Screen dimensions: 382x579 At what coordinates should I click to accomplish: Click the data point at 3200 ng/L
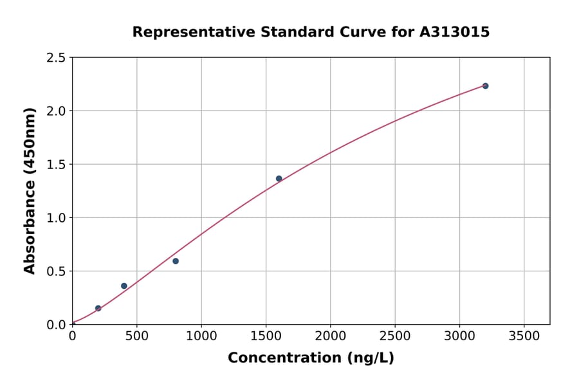click(485, 86)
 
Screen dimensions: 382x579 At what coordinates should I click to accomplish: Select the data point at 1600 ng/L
click(279, 178)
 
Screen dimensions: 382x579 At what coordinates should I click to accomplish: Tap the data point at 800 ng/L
click(176, 261)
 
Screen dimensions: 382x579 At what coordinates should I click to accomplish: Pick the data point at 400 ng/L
click(124, 286)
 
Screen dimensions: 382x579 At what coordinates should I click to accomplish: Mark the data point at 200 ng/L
click(98, 308)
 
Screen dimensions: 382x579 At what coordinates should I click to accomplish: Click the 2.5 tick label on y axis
click(56, 58)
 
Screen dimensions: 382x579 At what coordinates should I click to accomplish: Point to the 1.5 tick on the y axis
click(56, 165)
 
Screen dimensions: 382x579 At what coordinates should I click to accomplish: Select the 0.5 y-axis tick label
click(56, 271)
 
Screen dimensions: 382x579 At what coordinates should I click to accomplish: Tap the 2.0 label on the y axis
click(56, 111)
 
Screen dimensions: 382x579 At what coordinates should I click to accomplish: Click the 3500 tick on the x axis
click(524, 336)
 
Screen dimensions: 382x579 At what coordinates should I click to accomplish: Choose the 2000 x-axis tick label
click(330, 336)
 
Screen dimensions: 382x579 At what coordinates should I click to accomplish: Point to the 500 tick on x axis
click(136, 336)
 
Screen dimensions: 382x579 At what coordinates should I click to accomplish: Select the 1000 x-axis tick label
click(201, 336)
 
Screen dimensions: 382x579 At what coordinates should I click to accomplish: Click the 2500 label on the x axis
click(394, 336)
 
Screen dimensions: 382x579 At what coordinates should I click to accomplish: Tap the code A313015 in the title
click(455, 32)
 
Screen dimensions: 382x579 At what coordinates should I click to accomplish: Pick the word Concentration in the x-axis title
click(284, 358)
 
